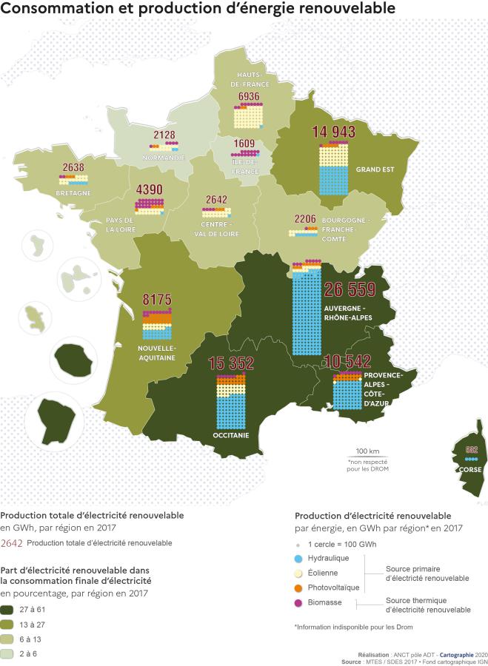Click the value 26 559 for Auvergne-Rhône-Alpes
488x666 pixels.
point(350,289)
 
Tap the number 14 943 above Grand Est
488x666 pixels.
point(334,132)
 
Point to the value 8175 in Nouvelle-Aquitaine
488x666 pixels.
point(156,300)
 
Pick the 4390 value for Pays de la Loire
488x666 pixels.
point(149,189)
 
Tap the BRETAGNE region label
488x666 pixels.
point(73,193)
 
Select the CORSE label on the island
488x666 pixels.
point(470,469)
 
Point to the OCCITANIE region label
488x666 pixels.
point(231,436)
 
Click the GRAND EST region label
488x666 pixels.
point(372,169)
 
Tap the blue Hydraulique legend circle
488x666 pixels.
point(299,557)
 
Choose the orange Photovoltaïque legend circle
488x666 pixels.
point(299,587)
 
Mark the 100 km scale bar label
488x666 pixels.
point(367,451)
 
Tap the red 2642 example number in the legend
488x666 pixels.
point(13,543)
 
